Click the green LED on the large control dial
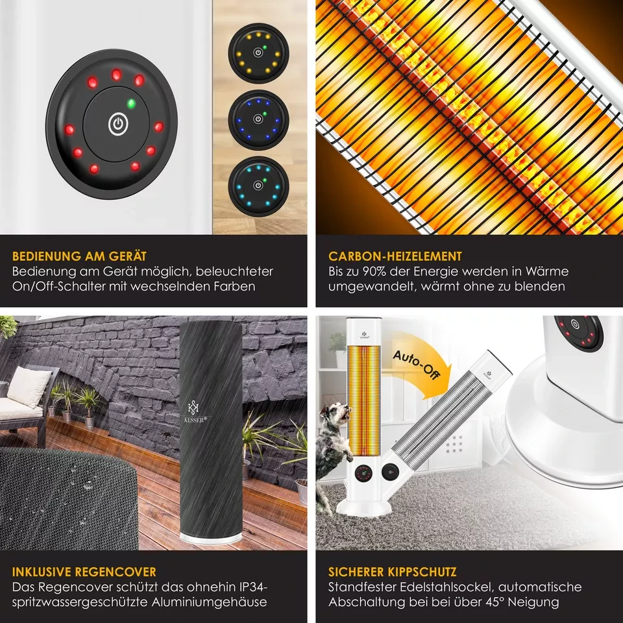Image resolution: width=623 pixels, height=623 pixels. (131, 104)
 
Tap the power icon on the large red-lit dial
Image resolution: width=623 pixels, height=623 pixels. (118, 125)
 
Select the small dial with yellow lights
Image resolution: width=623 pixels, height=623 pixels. (258, 53)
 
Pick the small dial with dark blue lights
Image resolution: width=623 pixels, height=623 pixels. (258, 119)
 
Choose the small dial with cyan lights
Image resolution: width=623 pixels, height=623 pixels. (258, 186)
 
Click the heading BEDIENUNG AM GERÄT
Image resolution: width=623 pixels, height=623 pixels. (79, 256)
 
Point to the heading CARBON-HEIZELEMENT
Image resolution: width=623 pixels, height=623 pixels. (395, 256)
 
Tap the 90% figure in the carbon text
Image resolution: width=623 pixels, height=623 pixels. (374, 271)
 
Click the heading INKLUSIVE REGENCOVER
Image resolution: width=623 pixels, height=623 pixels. (84, 572)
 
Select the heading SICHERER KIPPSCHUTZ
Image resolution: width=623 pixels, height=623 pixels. (392, 572)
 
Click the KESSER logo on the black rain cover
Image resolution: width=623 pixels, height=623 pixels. (195, 411)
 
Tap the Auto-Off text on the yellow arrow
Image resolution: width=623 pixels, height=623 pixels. (416, 365)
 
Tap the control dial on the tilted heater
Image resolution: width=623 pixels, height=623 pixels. (390, 472)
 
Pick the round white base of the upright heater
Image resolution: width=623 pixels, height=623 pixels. (363, 509)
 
